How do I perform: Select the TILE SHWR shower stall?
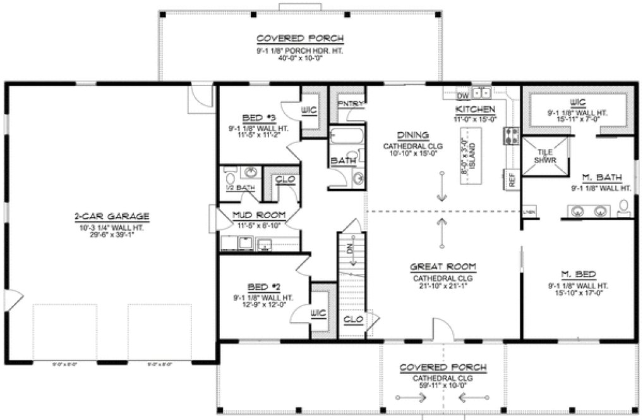point(544,156)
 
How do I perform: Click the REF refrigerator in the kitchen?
point(512,179)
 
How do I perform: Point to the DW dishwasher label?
point(464,96)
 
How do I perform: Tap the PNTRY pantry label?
point(350,104)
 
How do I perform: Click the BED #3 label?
point(257,118)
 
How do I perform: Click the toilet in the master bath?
point(625,206)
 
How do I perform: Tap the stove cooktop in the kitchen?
point(510,135)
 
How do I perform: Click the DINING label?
point(413,135)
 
